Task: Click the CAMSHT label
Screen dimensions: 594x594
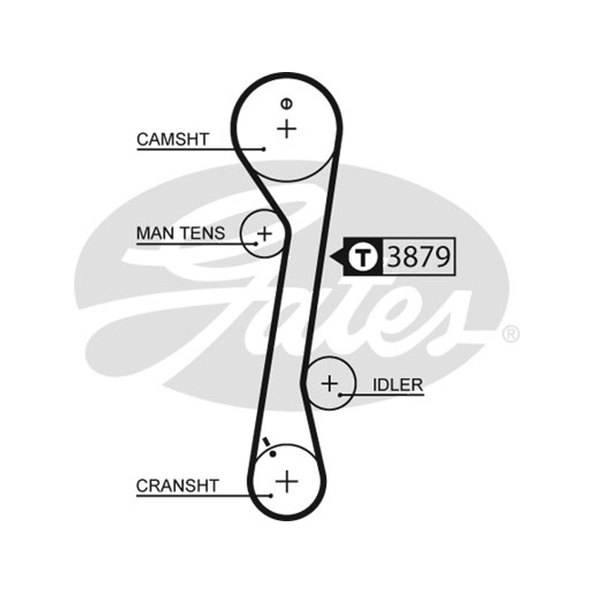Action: tap(173, 140)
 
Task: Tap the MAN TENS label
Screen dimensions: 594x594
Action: tap(180, 233)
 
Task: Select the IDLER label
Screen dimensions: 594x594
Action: tap(398, 385)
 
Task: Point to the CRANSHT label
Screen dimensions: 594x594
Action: tap(177, 486)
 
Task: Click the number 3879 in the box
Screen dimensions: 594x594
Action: tap(419, 256)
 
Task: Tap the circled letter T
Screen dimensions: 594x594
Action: tap(363, 257)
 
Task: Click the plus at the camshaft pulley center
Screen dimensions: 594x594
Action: tap(287, 128)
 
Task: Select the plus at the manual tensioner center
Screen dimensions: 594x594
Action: tap(264, 233)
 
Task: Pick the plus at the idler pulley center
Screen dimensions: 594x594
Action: tap(330, 383)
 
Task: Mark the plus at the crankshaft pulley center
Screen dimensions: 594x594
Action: tap(287, 481)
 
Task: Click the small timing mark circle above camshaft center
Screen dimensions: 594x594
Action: tap(287, 103)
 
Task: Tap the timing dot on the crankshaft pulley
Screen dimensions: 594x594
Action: tap(273, 454)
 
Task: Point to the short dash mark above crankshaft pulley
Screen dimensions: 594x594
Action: tap(267, 442)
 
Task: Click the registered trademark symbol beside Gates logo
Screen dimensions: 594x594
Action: tap(510, 334)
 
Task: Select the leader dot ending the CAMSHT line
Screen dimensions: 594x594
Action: tap(264, 149)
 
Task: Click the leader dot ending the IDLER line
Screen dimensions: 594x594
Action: tap(340, 395)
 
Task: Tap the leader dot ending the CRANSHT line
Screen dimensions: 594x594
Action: tap(271, 495)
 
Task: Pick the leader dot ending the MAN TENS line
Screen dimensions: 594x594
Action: tap(256, 244)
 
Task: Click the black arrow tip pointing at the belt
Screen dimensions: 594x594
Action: tap(330, 257)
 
